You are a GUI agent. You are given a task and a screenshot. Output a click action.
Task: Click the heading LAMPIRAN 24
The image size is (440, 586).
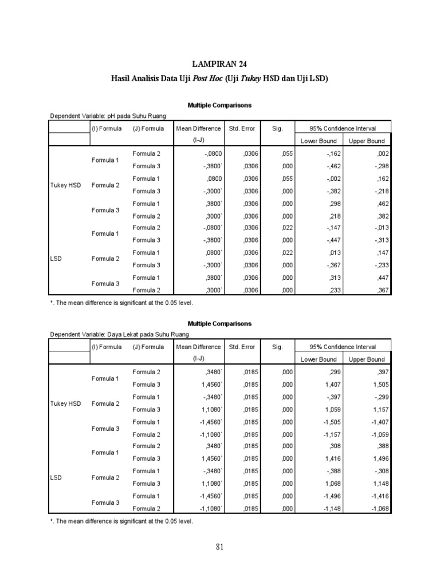pyautogui.click(x=220, y=64)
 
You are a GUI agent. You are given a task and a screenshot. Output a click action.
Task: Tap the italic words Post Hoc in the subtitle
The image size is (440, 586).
pyautogui.click(x=204, y=79)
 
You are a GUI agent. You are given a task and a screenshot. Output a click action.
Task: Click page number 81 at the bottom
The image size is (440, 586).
pyautogui.click(x=220, y=547)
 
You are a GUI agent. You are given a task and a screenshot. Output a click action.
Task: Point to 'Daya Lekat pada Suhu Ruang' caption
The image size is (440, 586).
pyautogui.click(x=119, y=334)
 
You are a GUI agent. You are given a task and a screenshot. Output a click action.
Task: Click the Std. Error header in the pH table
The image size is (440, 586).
pyautogui.click(x=242, y=129)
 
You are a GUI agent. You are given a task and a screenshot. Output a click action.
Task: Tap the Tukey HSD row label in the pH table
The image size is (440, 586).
pyautogui.click(x=66, y=185)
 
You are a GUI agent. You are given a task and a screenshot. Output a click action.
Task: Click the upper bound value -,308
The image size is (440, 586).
pyautogui.click(x=380, y=471)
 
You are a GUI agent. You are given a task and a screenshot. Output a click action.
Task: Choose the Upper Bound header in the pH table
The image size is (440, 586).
pyautogui.click(x=367, y=141)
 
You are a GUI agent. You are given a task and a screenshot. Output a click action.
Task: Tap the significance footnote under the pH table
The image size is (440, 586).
pyautogui.click(x=122, y=302)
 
